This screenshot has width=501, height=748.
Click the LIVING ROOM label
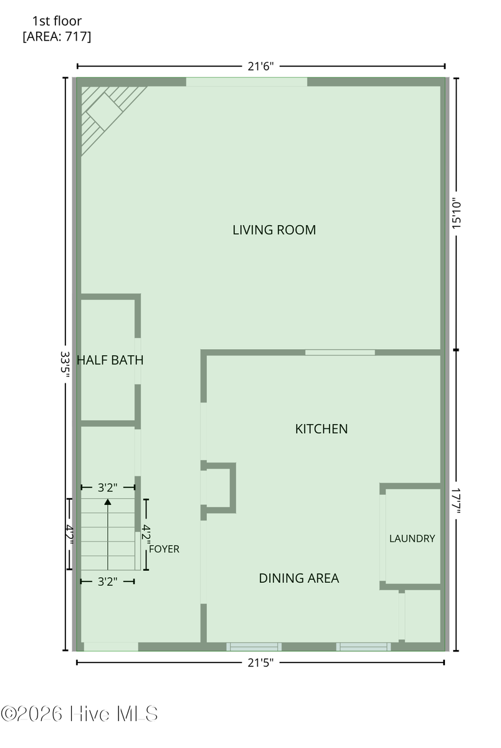[274, 230]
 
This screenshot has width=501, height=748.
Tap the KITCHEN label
[322, 429]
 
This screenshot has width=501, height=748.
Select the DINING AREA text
[299, 578]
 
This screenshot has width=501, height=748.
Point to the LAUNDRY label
[413, 539]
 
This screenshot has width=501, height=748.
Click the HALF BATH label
[110, 360]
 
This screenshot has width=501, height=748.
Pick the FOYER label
[165, 549]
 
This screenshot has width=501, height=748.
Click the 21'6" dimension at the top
[260, 67]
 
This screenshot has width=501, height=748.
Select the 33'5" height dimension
[65, 364]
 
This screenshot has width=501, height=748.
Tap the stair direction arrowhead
[107, 502]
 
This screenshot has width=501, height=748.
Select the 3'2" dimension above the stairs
[107, 487]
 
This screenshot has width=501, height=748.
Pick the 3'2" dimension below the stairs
[107, 582]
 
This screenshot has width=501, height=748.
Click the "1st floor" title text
[57, 21]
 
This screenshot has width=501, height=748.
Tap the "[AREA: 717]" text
[57, 36]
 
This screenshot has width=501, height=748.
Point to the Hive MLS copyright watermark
[79, 714]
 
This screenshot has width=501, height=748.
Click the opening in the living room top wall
[247, 82]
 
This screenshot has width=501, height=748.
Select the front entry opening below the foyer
[111, 647]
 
